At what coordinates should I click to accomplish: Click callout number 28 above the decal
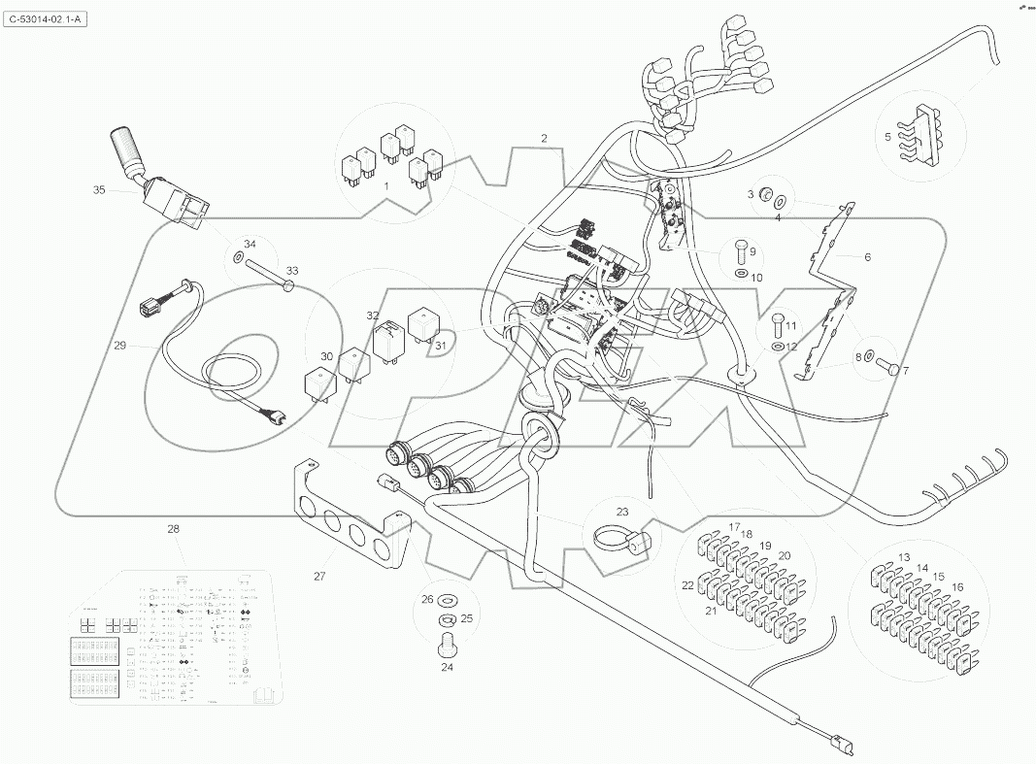click(173, 529)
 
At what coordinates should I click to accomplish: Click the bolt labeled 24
click(448, 642)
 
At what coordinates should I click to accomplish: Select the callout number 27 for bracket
click(319, 577)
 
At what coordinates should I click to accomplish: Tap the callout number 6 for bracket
click(867, 257)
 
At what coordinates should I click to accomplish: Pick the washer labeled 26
click(449, 599)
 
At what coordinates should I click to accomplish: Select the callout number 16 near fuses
click(957, 587)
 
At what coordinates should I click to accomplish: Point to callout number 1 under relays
click(385, 184)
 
